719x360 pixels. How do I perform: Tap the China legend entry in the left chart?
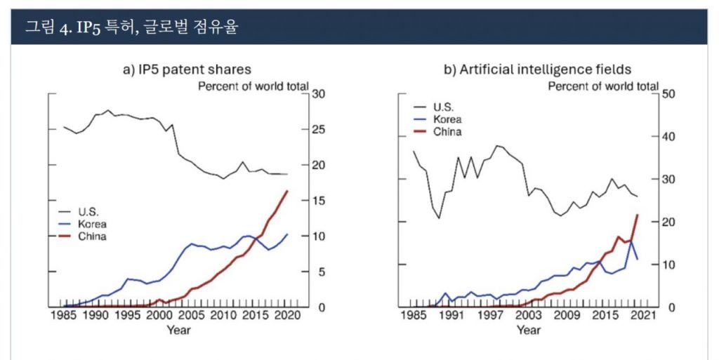pyautogui.click(x=92, y=237)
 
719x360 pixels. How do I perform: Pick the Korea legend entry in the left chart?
pyautogui.click(x=92, y=225)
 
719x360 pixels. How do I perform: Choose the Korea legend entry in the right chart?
pyautogui.click(x=447, y=119)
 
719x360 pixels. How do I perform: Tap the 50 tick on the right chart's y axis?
pyautogui.click(x=668, y=94)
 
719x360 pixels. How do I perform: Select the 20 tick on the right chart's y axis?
pyautogui.click(x=668, y=222)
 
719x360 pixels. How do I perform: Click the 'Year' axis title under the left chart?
pyautogui.click(x=178, y=330)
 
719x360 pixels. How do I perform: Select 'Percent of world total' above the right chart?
pyautogui.click(x=602, y=86)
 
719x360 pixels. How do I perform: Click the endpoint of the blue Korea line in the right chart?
pyautogui.click(x=637, y=260)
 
